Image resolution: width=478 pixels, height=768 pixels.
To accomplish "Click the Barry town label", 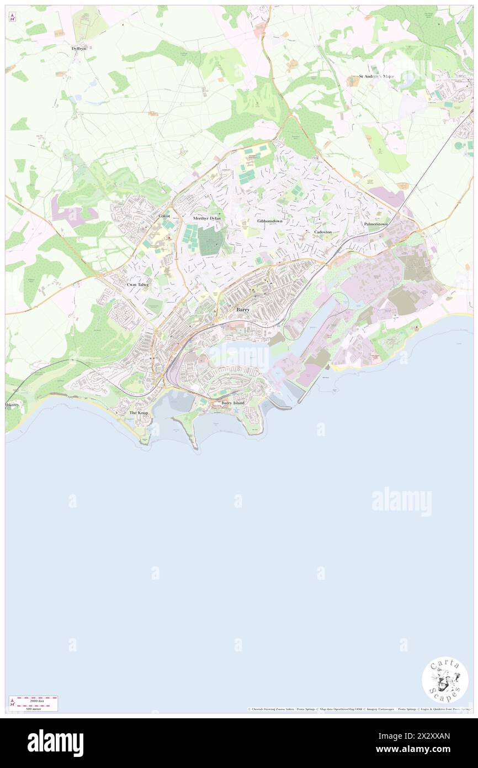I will coord(243,310).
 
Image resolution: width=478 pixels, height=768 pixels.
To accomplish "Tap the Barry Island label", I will coord(232,403).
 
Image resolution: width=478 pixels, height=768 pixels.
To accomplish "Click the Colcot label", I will coord(164,216).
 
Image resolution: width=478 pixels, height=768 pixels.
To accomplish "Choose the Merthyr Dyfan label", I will coord(207,218).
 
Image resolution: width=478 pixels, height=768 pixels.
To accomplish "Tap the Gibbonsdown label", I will coord(269,220).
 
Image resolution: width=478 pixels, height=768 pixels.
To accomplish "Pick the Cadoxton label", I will coord(323,232).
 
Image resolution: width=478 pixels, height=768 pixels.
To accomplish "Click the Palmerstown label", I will coord(376,224).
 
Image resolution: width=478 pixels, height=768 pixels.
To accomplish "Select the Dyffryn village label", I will coord(79,49).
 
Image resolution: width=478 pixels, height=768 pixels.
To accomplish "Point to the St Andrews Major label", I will coord(376,76).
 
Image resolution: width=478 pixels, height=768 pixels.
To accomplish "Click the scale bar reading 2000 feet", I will coord(33,700).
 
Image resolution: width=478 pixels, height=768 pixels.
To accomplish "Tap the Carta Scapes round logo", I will coord(445,680).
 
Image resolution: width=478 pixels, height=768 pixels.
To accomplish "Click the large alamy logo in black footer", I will coord(56,743).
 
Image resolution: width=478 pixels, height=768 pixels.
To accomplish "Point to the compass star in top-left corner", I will coord(12,17).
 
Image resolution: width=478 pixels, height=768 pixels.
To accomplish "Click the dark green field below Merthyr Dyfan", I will coord(211,241).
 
